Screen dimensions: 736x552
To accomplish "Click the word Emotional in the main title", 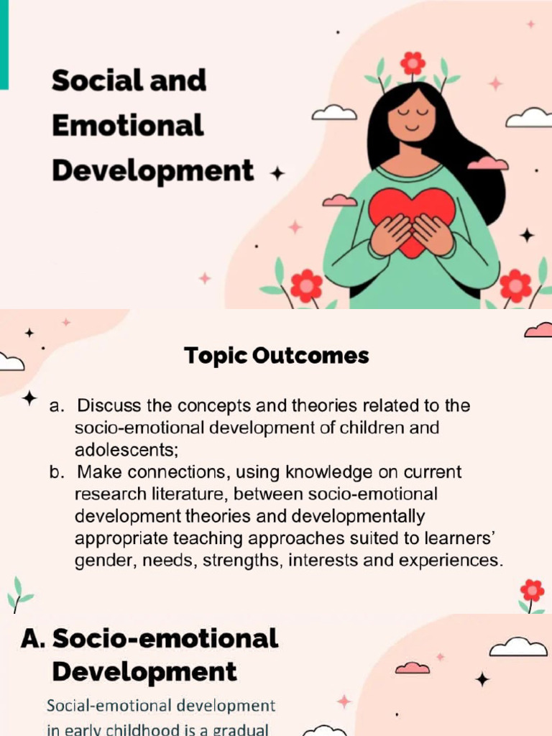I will tap(127, 126).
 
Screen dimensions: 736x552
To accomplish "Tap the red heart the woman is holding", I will tap(412, 216).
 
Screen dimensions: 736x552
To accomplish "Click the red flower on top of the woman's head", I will tap(413, 63).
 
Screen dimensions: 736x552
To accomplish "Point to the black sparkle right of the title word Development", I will tap(276, 173).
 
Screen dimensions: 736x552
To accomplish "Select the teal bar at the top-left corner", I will tap(4, 43).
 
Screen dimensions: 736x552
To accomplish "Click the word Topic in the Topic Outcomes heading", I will tap(213, 355).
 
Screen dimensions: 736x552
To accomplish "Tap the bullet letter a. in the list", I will tap(57, 406).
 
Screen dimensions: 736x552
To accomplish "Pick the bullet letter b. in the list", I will tap(57, 472).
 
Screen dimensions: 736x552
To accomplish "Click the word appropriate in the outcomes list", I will tap(121, 538).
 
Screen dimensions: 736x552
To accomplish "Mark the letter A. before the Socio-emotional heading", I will tap(34, 638).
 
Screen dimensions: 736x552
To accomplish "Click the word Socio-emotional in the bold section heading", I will tap(165, 638).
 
